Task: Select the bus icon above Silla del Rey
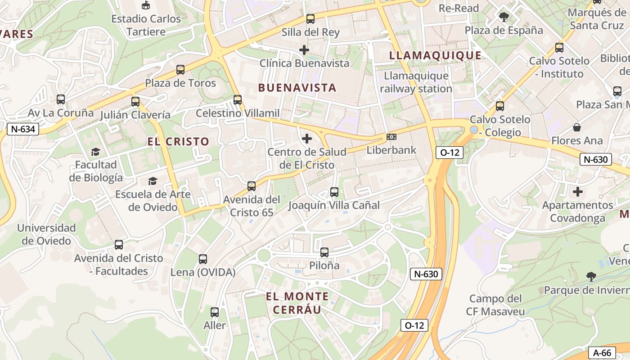click(x=310, y=19)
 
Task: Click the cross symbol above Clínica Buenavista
click(x=304, y=50)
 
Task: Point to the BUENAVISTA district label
click(x=297, y=88)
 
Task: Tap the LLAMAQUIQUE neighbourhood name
click(x=435, y=55)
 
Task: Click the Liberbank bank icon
click(x=391, y=137)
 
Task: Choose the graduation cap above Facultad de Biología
click(x=95, y=152)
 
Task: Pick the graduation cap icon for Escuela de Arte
click(x=153, y=181)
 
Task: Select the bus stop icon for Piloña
click(x=324, y=252)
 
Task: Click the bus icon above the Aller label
click(x=215, y=312)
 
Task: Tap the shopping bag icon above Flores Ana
click(x=576, y=127)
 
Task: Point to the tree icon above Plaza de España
click(x=504, y=17)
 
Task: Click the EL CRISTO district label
click(x=178, y=142)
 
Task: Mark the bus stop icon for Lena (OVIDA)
click(x=203, y=259)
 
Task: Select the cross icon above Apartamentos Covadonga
click(x=578, y=192)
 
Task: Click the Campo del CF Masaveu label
click(x=495, y=305)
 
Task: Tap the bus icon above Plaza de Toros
click(x=180, y=70)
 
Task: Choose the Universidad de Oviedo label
click(x=46, y=234)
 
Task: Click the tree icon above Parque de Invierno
click(x=591, y=276)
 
